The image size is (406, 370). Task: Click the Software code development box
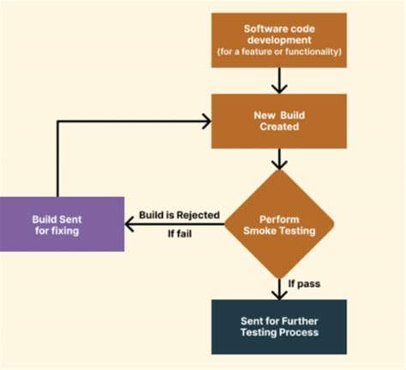pyautogui.click(x=278, y=40)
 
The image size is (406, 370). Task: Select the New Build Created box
pyautogui.click(x=278, y=120)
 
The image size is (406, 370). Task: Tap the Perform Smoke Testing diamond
pyautogui.click(x=278, y=224)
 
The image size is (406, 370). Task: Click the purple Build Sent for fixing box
pyautogui.click(x=62, y=224)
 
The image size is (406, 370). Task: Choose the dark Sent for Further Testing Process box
pyautogui.click(x=278, y=326)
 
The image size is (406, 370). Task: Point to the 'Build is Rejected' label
pyautogui.click(x=179, y=215)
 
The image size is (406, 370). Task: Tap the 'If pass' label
pyautogui.click(x=305, y=282)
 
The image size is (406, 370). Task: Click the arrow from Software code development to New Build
pyautogui.click(x=278, y=81)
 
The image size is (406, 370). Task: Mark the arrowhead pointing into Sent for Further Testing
pyautogui.click(x=278, y=294)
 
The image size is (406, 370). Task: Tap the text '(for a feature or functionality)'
pyautogui.click(x=278, y=53)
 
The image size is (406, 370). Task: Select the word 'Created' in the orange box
pyautogui.click(x=278, y=127)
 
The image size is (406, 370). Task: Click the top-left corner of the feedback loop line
pyautogui.click(x=58, y=121)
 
